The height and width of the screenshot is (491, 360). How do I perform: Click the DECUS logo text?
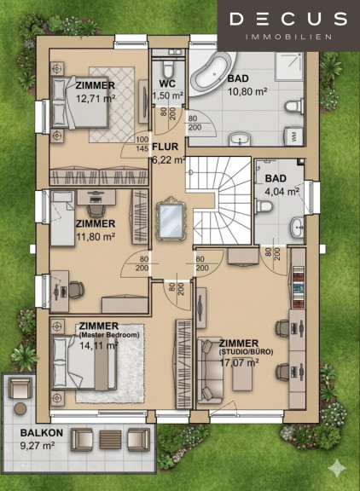[x=288, y=19]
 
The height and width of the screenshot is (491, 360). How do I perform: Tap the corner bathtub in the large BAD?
[x=213, y=72]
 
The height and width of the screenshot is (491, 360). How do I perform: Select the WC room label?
[x=167, y=84]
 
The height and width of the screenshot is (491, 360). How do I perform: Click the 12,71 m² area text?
[x=96, y=98]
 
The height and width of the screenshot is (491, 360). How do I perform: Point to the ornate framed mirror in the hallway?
[x=171, y=218]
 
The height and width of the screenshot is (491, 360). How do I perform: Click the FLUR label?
[x=165, y=147]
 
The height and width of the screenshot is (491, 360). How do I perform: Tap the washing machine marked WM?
[x=294, y=136]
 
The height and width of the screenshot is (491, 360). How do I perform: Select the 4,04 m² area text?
[x=282, y=191]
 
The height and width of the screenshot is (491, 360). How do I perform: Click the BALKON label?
[x=42, y=433]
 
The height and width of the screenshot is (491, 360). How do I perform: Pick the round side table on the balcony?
[x=20, y=408]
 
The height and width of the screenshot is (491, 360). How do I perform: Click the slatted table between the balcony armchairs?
[x=110, y=440]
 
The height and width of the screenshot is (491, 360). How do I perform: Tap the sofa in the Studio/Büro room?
[x=210, y=371]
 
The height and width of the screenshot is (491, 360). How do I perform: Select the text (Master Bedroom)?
[x=109, y=335]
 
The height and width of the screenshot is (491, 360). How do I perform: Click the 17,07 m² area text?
[x=239, y=362]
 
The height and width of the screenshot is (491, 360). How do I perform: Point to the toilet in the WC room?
[x=168, y=69]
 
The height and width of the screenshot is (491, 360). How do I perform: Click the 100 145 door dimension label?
[x=142, y=144]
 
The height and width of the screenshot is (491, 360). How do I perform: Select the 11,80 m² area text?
[x=96, y=236]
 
